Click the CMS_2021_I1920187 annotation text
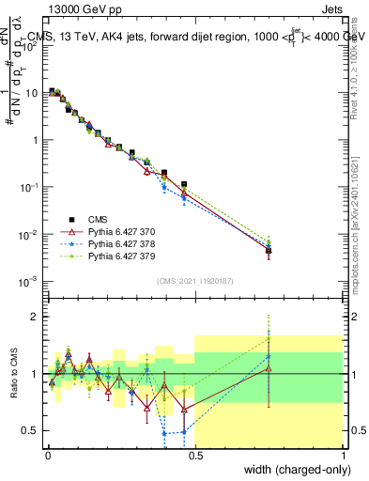pyautogui.click(x=194, y=281)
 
